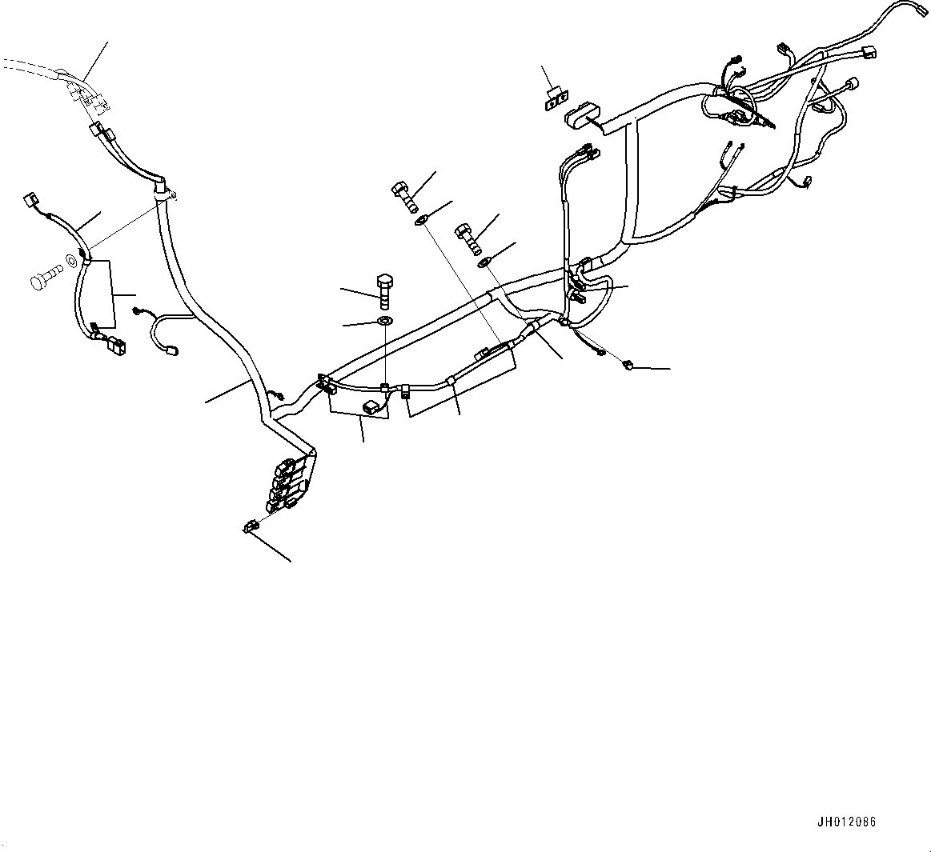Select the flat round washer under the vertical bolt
384,322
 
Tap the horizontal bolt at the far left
45,280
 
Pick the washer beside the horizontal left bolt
72,261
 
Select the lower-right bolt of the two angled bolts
468,233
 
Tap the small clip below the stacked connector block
250,526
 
